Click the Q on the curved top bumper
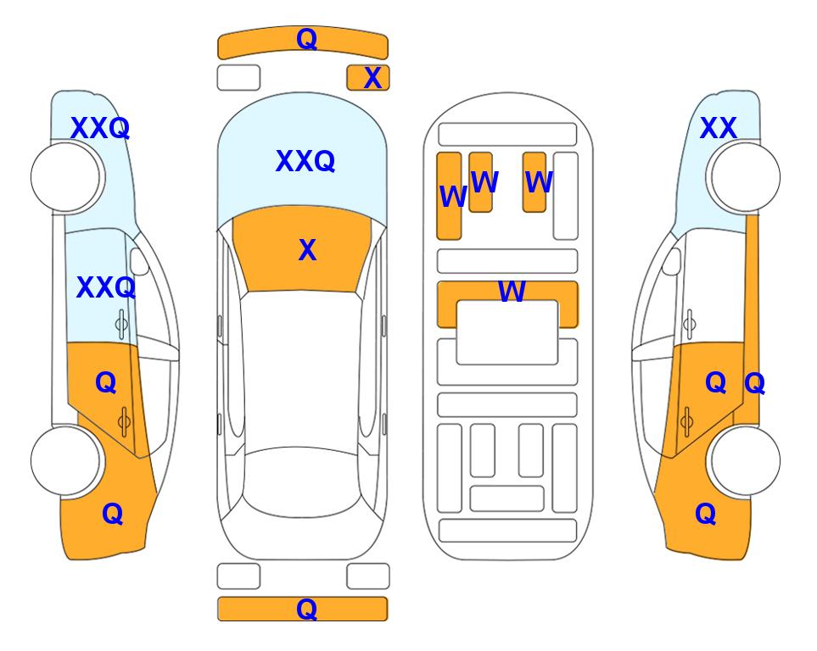(306, 39)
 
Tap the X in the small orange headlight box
(372, 78)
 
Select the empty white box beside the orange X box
(238, 78)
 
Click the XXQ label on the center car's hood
(305, 161)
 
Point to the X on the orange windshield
(307, 250)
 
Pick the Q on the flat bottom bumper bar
(306, 609)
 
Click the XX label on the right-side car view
(719, 128)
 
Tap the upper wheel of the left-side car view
(65, 177)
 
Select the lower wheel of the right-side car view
(745, 460)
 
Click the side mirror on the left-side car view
(139, 261)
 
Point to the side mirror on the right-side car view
(672, 261)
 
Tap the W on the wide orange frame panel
(512, 292)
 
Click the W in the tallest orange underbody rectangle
(452, 197)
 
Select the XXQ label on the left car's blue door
(106, 287)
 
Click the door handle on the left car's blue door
(121, 324)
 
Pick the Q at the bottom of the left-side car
(113, 514)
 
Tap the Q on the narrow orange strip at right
(754, 384)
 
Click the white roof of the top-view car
(300, 370)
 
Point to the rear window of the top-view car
(301, 482)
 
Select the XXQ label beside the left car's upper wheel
(100, 128)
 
